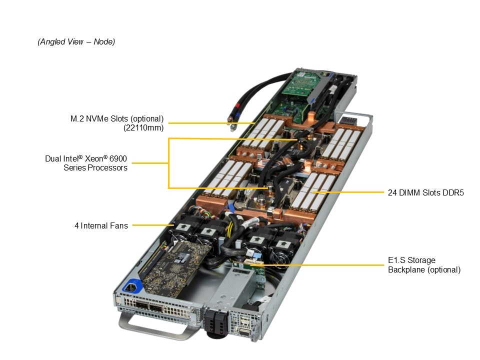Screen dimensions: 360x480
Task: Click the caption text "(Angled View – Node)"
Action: pos(76,42)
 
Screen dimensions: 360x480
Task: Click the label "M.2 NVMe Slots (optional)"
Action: pos(117,119)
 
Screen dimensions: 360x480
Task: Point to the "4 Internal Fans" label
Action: pos(101,226)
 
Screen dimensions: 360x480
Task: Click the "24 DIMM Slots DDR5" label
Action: pos(425,192)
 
